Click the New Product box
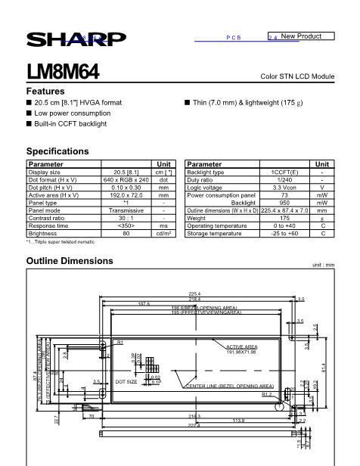(301, 36)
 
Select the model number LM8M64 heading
(63, 73)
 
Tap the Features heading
(45, 91)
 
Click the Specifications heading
(57, 151)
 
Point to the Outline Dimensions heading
(70, 261)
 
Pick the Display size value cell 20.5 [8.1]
(126, 172)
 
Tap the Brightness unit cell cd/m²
(163, 233)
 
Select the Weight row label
(197, 218)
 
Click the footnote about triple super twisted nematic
(61, 242)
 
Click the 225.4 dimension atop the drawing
(194, 294)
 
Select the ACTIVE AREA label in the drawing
(241, 346)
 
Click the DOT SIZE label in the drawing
(126, 382)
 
